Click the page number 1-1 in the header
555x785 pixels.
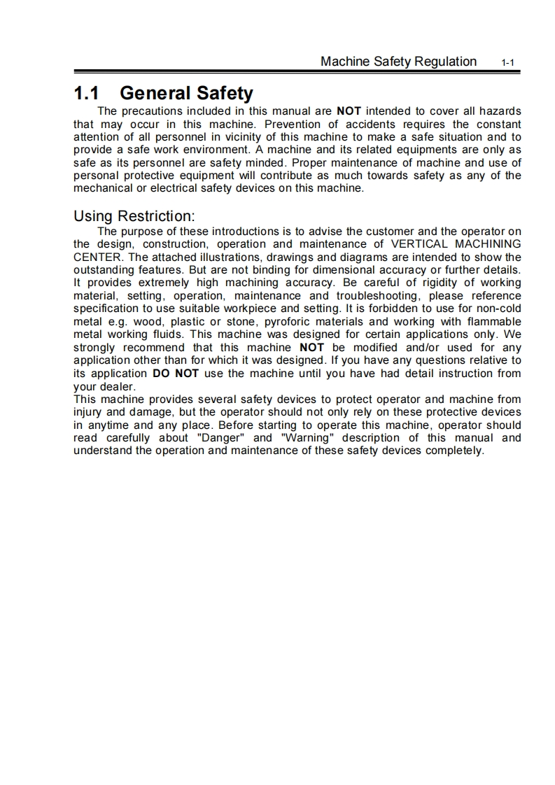(508, 63)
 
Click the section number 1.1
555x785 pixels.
(86, 93)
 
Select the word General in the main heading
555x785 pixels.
(155, 93)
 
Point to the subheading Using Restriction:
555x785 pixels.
(134, 216)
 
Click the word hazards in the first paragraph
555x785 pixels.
(499, 111)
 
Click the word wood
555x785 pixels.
(148, 321)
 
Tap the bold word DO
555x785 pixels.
(162, 373)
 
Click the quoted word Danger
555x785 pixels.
(216, 438)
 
